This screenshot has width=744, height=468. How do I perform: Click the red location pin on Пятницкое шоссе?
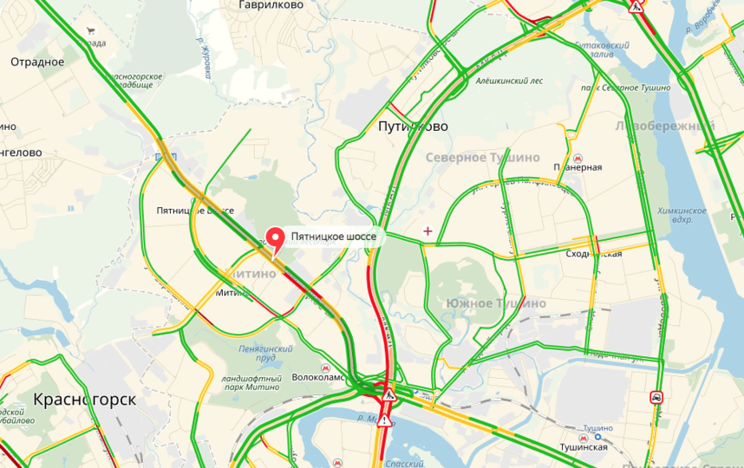click(x=275, y=238)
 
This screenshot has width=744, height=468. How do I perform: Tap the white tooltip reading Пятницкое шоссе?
click(x=333, y=237)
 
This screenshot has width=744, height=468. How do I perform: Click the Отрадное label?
click(x=38, y=62)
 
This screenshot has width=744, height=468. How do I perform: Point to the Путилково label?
click(x=414, y=127)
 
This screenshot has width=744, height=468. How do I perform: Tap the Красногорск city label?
click(x=85, y=400)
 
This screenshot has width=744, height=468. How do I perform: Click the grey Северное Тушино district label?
click(x=483, y=158)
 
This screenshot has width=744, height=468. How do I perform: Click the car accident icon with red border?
click(x=658, y=398)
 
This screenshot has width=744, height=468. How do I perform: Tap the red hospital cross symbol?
click(x=427, y=231)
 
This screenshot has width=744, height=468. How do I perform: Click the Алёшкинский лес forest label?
click(x=509, y=81)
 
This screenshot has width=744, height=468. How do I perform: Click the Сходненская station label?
click(x=594, y=254)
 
